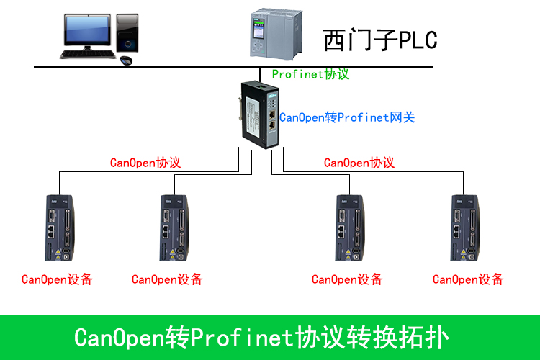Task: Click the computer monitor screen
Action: tap(87, 30)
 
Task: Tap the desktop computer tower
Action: tap(127, 33)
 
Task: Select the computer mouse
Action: tap(126, 60)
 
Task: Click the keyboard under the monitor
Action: tap(88, 55)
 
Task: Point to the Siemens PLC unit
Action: tap(276, 34)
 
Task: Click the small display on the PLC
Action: tap(258, 30)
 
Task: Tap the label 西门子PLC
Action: tap(380, 40)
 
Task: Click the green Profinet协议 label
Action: tap(310, 74)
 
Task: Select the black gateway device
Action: tap(260, 115)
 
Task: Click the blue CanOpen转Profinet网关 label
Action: tap(347, 117)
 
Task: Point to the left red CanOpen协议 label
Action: tap(145, 163)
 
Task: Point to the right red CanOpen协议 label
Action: tap(359, 163)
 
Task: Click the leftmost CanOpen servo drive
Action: tap(60, 228)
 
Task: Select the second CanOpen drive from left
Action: tap(174, 228)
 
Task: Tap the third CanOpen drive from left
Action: tap(349, 228)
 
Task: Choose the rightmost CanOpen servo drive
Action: tap(465, 228)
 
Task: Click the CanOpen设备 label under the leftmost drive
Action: tap(57, 279)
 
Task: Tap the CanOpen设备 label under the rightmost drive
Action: tap(468, 279)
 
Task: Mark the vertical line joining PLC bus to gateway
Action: tap(261, 75)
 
